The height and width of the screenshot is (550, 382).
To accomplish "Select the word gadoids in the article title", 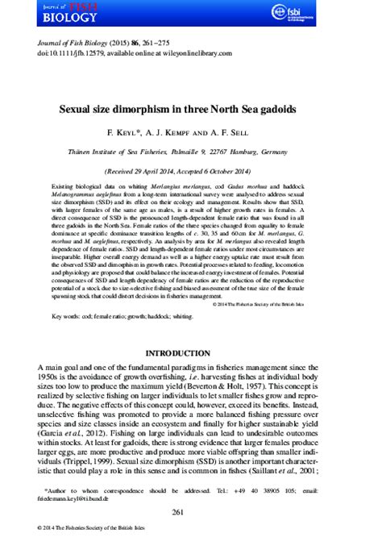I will pos(297,106).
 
